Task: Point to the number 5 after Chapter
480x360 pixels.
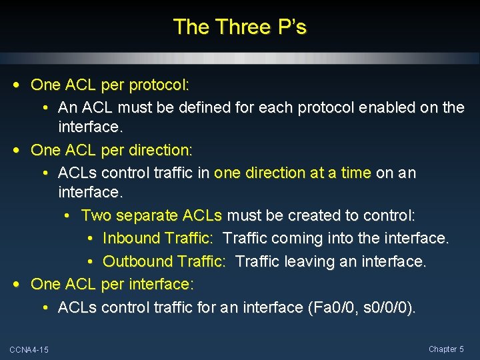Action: tap(461, 349)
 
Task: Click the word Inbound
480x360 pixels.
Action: tap(131, 239)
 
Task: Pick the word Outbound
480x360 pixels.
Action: tap(137, 261)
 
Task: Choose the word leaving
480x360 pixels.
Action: tap(310, 261)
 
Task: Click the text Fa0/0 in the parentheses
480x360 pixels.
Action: tap(329, 307)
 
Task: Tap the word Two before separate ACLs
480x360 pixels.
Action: tap(96, 216)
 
